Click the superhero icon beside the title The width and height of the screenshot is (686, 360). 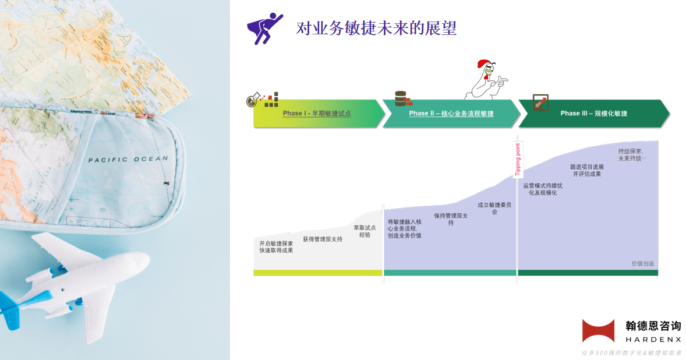pos(265,29)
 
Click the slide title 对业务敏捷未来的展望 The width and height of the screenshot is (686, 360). pos(377,29)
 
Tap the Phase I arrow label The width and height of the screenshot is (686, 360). pos(317,113)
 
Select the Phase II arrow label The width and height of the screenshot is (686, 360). pos(451,113)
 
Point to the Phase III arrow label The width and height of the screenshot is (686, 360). pos(593,113)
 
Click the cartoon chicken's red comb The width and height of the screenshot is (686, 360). pos(483,64)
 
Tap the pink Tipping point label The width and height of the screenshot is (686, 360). pos(518,159)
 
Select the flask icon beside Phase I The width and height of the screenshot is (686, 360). pos(253,100)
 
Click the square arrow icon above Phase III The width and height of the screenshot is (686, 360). pos(540,103)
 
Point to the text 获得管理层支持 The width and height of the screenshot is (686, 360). pos(323,239)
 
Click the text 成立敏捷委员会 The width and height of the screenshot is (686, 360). pos(494,208)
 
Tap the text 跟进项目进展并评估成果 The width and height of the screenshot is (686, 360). pos(586,170)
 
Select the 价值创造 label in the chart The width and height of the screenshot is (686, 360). pos(643,264)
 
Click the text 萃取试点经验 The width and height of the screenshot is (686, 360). pos(365,231)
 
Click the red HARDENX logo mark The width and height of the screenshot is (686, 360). pos(598,331)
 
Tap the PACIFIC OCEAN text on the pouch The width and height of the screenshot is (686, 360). pos(128,159)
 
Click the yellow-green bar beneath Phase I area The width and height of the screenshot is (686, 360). pos(318,273)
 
